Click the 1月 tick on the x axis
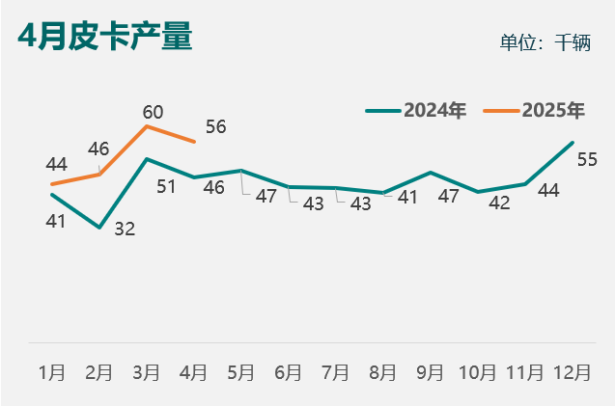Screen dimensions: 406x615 [52, 372]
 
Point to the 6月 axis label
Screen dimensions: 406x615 [289, 372]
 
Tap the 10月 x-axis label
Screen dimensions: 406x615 [478, 372]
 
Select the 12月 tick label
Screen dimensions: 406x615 [573, 372]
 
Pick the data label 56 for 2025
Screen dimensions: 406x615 [216, 127]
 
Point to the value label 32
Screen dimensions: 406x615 [125, 229]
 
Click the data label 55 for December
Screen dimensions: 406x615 [587, 159]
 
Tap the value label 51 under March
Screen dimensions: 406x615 [166, 186]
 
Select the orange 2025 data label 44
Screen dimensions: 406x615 [56, 164]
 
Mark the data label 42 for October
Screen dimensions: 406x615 [500, 203]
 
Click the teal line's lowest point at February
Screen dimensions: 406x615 [99, 228]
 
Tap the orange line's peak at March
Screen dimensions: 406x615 [147, 126]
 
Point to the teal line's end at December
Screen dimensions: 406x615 [573, 143]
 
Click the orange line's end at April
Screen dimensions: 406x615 [194, 142]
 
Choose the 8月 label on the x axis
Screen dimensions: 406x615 [383, 372]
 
